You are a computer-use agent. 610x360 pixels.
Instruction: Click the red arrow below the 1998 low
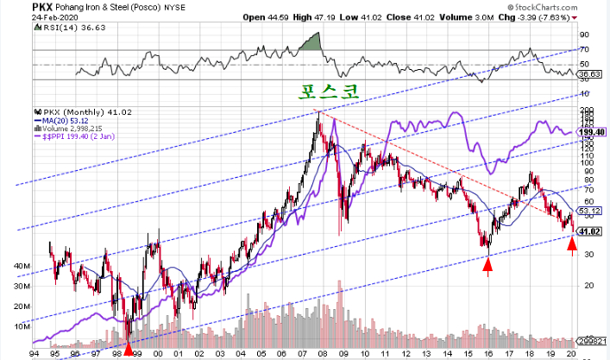coord(129,349)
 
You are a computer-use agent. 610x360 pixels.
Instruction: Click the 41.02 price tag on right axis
coord(589,231)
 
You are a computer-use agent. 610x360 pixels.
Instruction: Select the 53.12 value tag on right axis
coord(589,210)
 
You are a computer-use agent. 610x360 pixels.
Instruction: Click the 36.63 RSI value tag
coord(589,75)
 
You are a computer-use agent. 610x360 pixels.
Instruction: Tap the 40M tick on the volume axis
coord(18,266)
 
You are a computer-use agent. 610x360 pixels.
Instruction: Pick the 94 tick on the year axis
coord(32,353)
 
